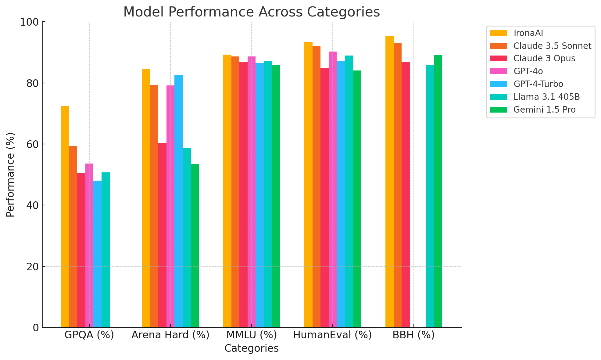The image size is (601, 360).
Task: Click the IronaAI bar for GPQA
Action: point(65,217)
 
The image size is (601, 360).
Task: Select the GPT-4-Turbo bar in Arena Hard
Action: point(179,201)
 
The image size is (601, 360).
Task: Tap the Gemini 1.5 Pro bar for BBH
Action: point(438,191)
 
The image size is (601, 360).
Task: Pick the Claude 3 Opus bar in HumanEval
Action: point(324,198)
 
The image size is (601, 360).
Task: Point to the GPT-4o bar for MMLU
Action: point(252,192)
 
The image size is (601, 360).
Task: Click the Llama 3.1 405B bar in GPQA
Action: point(106,250)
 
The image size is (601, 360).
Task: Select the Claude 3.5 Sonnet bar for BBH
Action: point(398,185)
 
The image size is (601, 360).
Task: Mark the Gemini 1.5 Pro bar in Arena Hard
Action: point(195,246)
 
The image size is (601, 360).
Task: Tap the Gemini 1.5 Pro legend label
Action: point(545,110)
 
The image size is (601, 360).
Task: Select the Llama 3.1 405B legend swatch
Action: point(498,97)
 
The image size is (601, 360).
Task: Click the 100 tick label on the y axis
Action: point(30,22)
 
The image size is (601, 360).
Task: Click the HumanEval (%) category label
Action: point(332,335)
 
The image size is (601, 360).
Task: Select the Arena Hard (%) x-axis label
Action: point(170,335)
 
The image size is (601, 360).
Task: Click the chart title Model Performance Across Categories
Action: point(252,12)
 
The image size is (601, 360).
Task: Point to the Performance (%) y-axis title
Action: point(10,175)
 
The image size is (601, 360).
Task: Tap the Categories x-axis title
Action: point(252,348)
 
